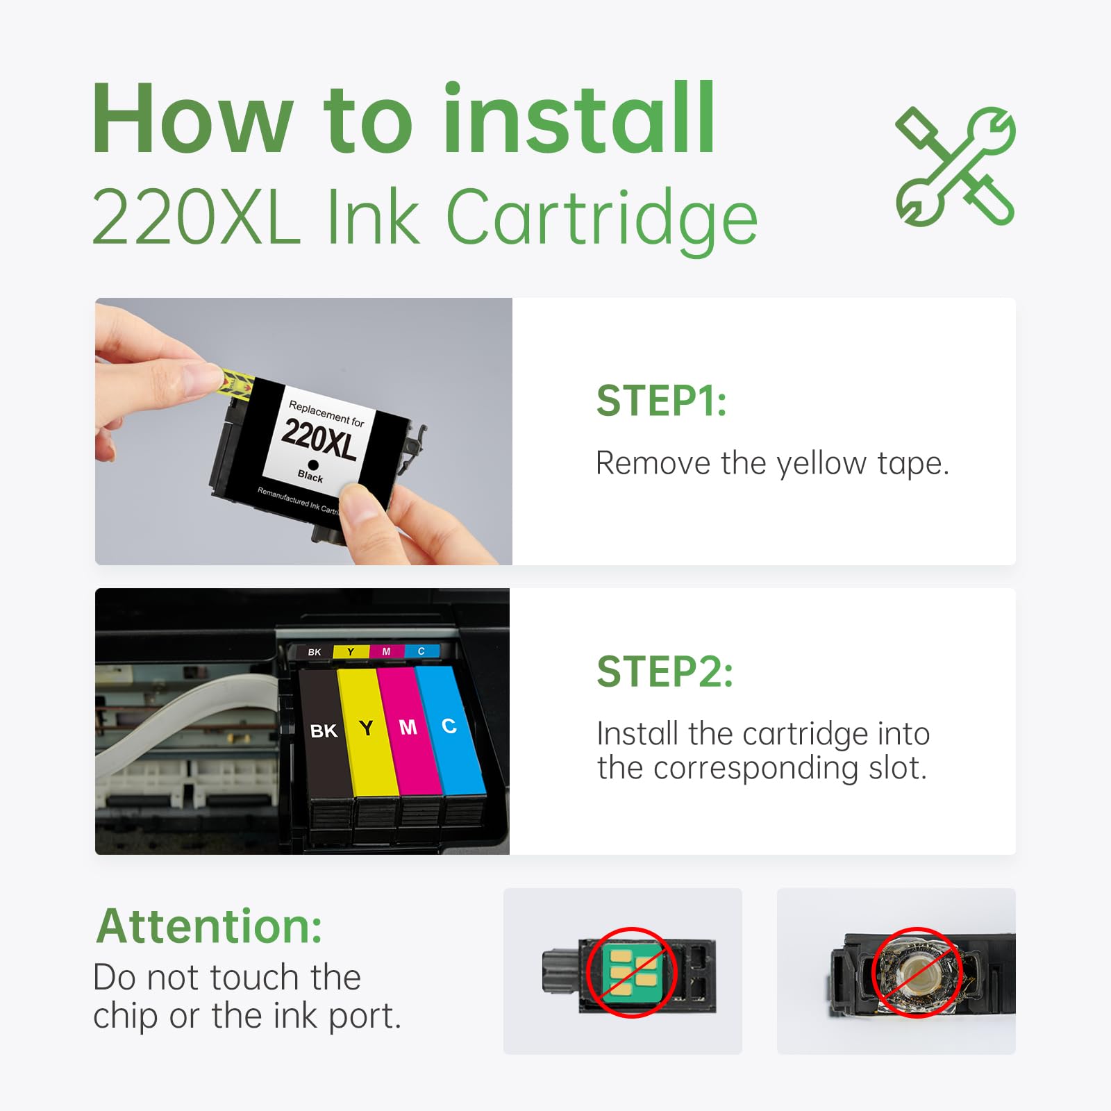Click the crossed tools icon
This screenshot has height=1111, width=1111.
click(955, 167)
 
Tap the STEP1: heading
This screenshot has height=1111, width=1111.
click(661, 401)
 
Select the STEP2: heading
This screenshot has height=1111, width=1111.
click(665, 672)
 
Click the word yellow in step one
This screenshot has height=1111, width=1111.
click(821, 464)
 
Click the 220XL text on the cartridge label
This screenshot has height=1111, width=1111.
click(319, 440)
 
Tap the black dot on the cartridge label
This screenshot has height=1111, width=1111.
click(313, 465)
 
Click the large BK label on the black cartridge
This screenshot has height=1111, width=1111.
click(324, 731)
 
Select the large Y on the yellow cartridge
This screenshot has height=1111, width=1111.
click(366, 728)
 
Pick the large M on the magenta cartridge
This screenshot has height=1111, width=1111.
click(408, 727)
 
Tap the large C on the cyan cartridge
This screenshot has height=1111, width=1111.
click(449, 726)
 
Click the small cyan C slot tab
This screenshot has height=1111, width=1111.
click(421, 651)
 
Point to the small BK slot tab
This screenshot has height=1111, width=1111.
click(315, 652)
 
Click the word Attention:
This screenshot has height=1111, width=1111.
click(209, 927)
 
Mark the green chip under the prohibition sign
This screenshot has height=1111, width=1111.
click(630, 972)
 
